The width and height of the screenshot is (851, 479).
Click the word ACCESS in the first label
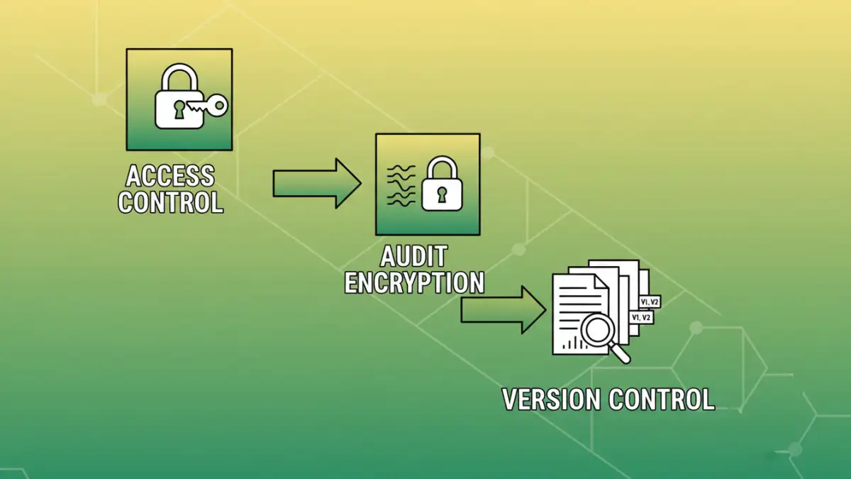[x=170, y=175]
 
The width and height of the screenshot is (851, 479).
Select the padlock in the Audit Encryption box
[x=441, y=186]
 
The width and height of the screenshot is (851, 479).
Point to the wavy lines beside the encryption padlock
[x=401, y=186]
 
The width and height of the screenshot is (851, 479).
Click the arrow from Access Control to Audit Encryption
[x=316, y=183]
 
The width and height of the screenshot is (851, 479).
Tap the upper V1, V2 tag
[x=650, y=302]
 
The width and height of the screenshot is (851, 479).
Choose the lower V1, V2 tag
[x=641, y=318]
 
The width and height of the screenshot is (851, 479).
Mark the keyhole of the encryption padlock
[x=442, y=194]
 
